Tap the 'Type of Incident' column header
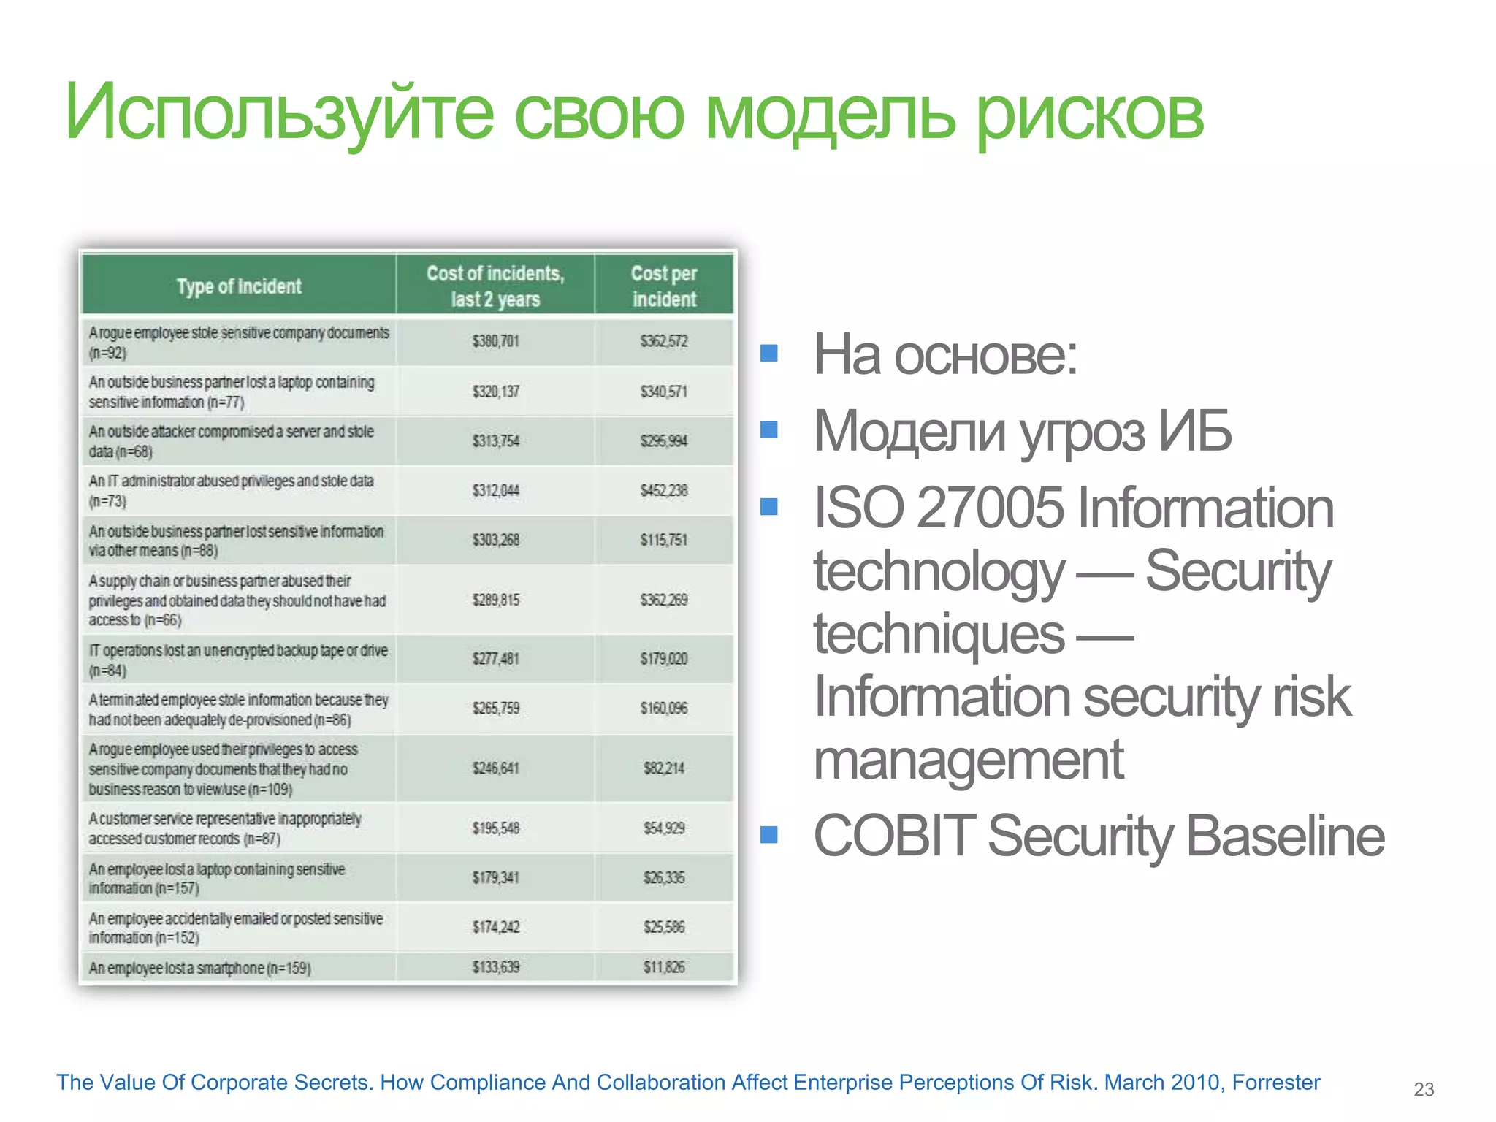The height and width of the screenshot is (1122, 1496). coord(239,286)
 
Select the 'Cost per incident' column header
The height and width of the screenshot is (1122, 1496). coord(664,286)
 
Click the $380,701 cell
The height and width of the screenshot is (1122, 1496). coord(495,341)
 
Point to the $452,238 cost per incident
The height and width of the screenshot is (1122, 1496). coord(664,490)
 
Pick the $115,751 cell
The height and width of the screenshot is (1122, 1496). coord(664,540)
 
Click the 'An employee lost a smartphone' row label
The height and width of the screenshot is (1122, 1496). coord(199,968)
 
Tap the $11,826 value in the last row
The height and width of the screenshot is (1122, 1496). coord(664,967)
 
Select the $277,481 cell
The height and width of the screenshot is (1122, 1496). coord(495,659)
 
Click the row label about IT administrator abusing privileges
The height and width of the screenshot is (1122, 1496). coord(231,490)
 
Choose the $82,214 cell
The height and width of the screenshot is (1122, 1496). coord(664,768)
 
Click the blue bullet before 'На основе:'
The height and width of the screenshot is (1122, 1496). coord(768,354)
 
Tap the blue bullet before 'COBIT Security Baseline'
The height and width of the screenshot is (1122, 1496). coord(768,834)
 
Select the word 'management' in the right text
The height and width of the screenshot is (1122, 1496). coord(968,760)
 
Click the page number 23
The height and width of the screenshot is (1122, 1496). coord(1424,1089)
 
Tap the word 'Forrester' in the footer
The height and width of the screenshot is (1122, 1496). coord(1275,1082)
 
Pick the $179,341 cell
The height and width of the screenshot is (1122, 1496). coord(495,877)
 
